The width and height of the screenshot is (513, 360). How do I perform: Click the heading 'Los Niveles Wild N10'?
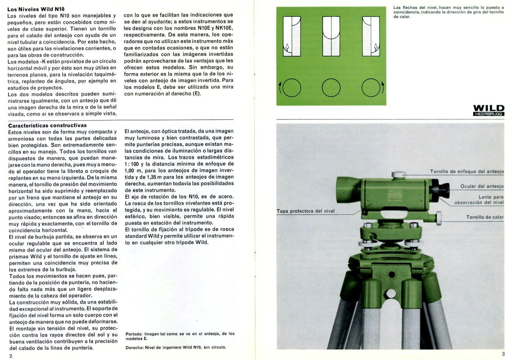36,9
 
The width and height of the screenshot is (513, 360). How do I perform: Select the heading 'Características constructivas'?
47,125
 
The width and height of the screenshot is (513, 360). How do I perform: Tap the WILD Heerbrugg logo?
489,110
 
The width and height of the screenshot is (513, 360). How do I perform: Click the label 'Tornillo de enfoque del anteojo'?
467,171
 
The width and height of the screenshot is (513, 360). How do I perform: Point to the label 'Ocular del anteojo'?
482,186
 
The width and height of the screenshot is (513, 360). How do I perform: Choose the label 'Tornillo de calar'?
484,217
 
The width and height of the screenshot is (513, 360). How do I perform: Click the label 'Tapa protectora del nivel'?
305,211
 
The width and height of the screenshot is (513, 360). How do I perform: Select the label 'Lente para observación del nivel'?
479,200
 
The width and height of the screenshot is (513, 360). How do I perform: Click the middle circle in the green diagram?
331,88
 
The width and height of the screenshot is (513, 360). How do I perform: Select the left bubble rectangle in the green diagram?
292,36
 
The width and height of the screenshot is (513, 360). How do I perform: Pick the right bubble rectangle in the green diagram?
371,36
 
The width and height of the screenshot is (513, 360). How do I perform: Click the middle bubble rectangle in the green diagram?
331,36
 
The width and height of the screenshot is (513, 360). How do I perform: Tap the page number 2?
11,356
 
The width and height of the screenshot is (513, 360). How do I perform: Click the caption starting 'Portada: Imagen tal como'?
180,336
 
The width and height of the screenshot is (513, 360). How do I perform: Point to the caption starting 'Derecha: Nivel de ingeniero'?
176,347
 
